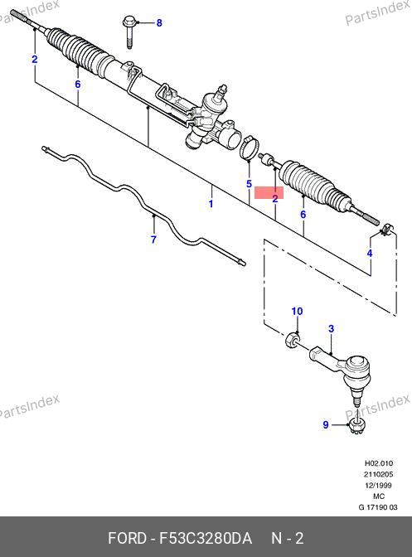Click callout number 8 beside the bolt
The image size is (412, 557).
pos(159,23)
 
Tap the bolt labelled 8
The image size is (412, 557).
pos(128,31)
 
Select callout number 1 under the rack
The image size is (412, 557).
pos(211,204)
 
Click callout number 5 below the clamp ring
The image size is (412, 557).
pos(249,184)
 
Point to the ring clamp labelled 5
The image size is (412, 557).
pos(249,147)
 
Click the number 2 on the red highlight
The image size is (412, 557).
pos(275,199)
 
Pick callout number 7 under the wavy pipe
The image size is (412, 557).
pos(153,240)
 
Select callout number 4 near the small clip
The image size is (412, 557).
pos(370,254)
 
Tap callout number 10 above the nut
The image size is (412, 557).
pos(297,311)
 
